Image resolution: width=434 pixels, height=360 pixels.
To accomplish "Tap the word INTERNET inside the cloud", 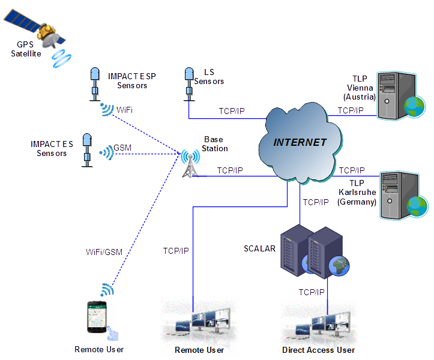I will (300, 143).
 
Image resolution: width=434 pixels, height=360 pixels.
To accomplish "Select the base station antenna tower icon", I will (191, 163).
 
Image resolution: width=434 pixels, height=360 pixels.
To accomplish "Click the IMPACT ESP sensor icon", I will (94, 83).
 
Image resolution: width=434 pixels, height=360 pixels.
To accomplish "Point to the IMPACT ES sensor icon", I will (87, 148).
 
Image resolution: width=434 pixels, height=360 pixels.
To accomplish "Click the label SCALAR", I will (259, 248).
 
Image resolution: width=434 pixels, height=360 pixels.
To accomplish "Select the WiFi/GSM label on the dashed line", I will (103, 252).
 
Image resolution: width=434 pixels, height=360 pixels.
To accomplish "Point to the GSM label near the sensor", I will (122, 148).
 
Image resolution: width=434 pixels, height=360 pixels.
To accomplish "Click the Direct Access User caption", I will (318, 350).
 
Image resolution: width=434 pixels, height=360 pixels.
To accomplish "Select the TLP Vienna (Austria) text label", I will (360, 88).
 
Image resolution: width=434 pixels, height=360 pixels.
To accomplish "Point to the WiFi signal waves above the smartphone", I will (107, 290).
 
